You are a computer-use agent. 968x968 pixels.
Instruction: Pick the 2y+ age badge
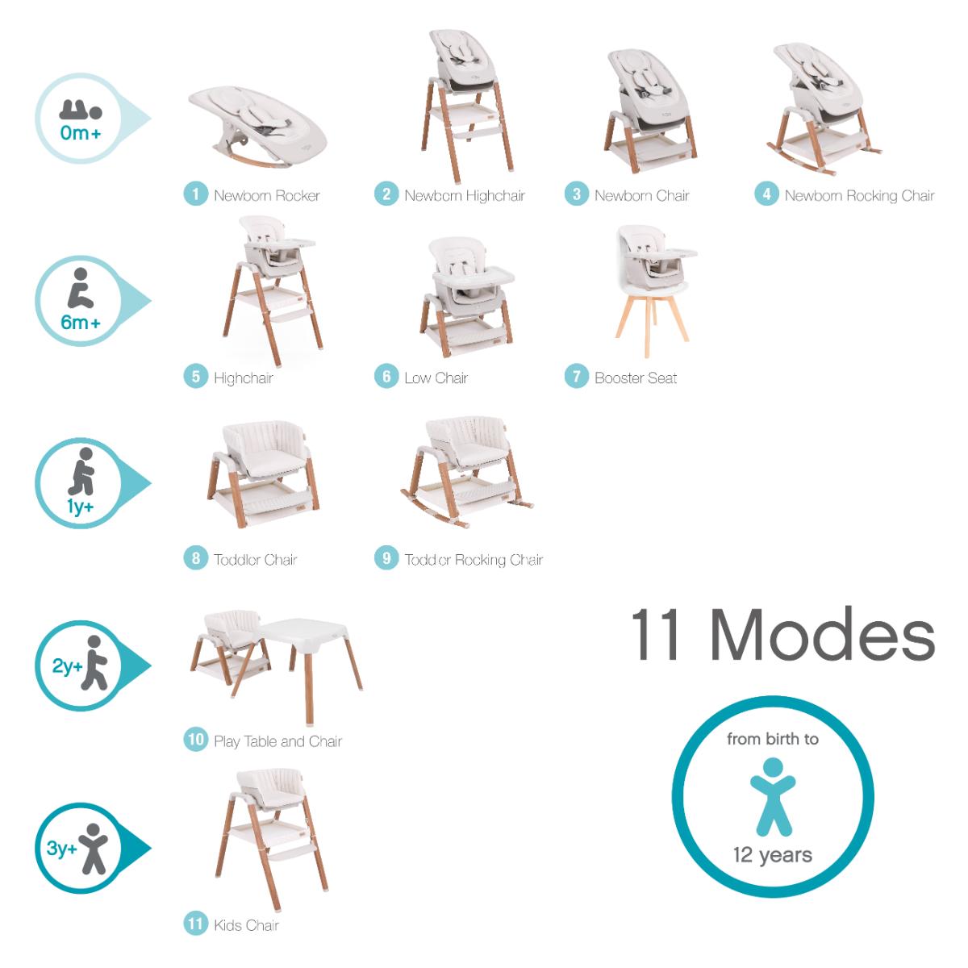pos(79,666)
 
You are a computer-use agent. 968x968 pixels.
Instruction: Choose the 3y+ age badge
pos(79,848)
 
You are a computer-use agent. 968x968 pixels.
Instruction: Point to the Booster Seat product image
pos(646,290)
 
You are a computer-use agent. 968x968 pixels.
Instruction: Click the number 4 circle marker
pos(766,194)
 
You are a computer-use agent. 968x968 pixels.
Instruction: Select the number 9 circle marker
pos(386,558)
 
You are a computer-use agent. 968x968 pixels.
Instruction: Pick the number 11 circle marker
pos(195,924)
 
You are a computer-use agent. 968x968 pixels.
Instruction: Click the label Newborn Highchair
pos(465,195)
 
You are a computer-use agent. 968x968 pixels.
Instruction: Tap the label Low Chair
pos(436,378)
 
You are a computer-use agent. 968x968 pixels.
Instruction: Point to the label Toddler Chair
pos(255,559)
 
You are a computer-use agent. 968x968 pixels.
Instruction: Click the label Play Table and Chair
pos(277,741)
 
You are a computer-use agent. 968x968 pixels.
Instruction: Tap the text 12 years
pos(772,854)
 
